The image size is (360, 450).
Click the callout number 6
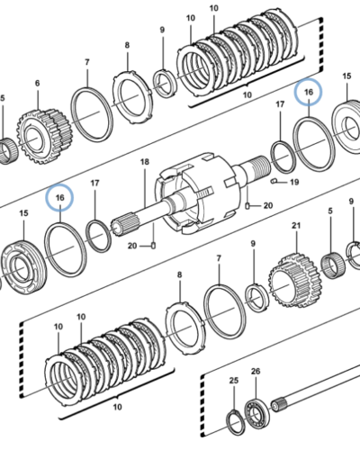[37, 83]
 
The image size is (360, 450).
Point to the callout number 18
[145, 162]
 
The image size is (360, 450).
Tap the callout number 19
[294, 182]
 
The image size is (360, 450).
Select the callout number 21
[296, 225]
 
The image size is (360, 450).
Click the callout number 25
[234, 381]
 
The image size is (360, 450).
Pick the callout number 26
[256, 372]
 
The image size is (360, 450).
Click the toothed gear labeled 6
[43, 137]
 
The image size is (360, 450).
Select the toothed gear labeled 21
[295, 281]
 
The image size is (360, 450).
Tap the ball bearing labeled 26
[256, 414]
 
